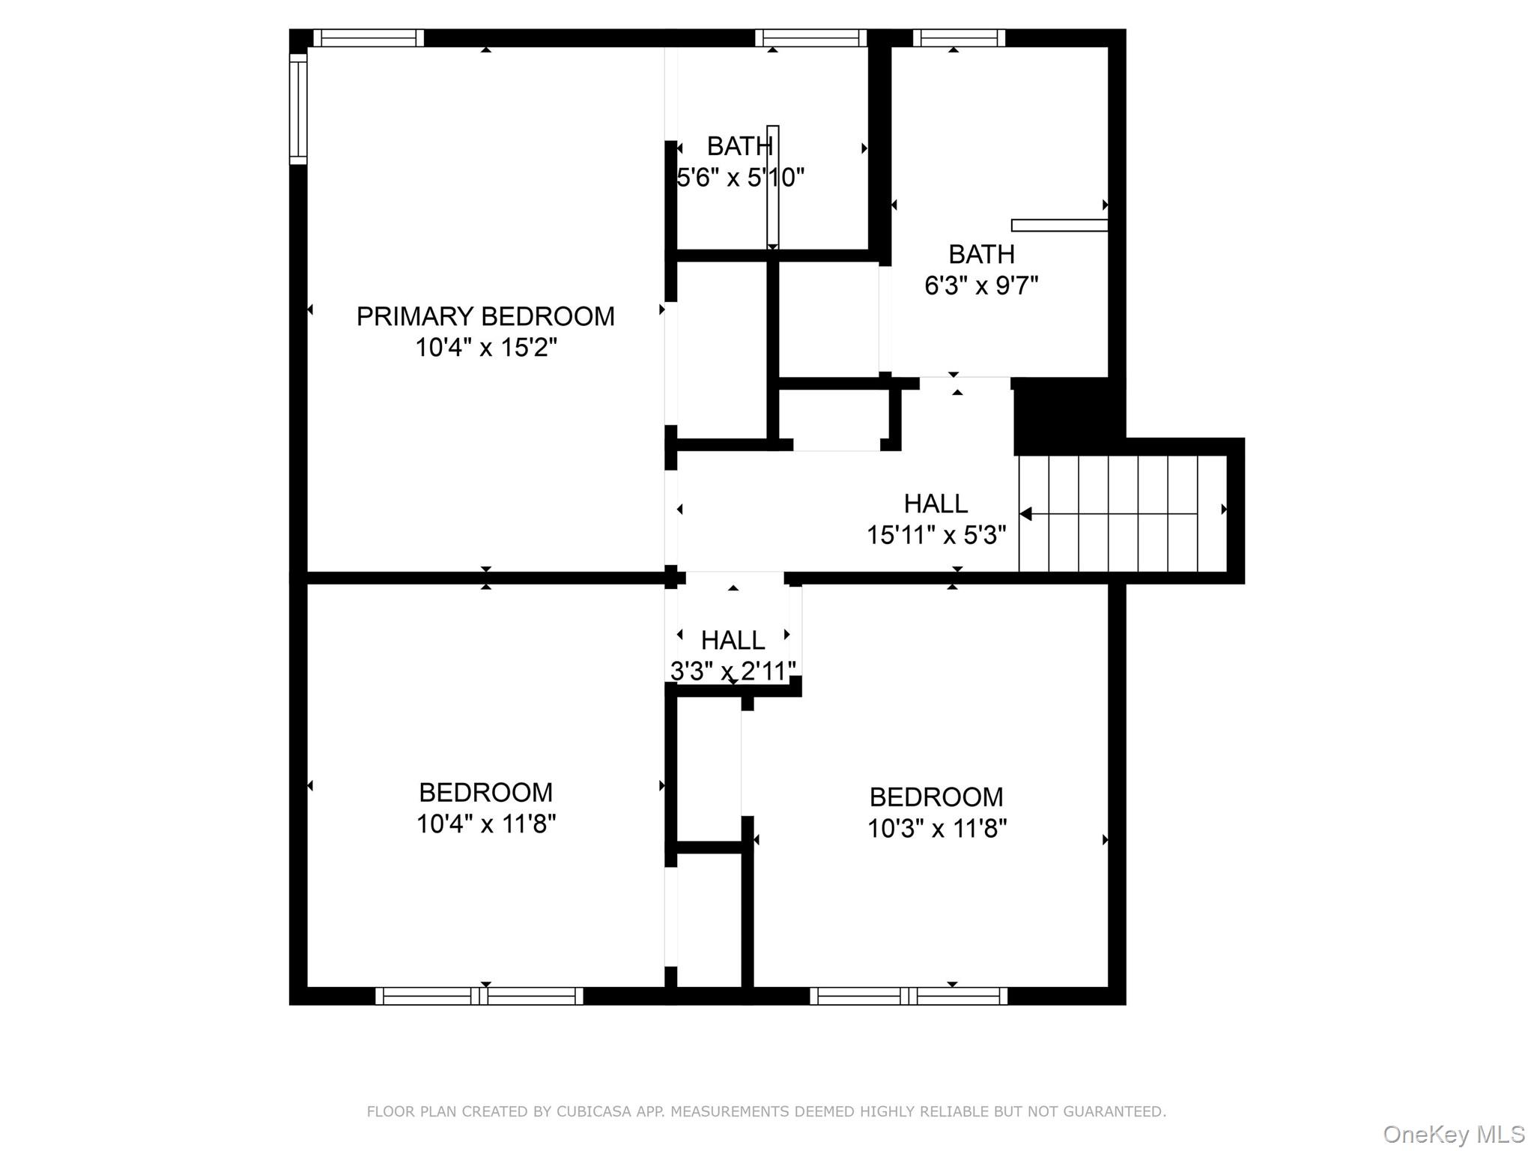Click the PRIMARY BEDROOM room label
click(485, 316)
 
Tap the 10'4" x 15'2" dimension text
click(486, 348)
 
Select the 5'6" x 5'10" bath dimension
click(740, 178)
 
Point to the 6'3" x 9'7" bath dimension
click(981, 286)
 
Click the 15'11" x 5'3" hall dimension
click(936, 535)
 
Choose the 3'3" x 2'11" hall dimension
click(733, 671)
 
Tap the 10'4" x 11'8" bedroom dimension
click(486, 824)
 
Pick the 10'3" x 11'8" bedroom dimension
click(936, 829)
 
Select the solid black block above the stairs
click(1068, 414)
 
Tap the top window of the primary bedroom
click(369, 38)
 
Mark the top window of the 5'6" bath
click(810, 38)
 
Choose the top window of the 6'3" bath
click(959, 38)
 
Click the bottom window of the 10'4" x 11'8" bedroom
click(479, 996)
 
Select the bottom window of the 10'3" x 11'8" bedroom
click(908, 996)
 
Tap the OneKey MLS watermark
click(1454, 1135)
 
